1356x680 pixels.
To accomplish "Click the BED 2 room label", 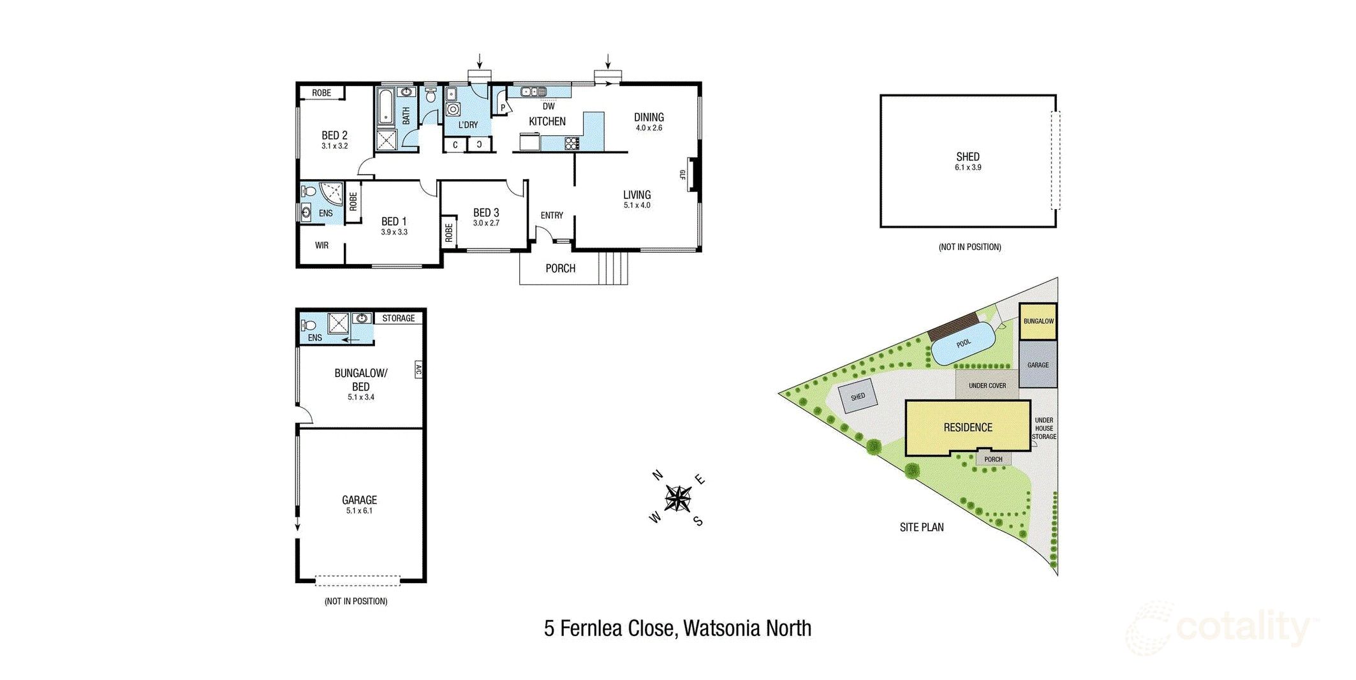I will point(334,135).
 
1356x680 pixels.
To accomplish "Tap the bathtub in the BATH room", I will point(385,107).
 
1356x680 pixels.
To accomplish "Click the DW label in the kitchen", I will point(549,107).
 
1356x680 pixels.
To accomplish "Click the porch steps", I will point(613,268).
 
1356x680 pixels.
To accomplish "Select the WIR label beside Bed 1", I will point(321,246).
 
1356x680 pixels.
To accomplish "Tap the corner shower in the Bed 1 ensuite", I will point(332,193).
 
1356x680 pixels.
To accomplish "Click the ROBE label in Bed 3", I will point(448,232).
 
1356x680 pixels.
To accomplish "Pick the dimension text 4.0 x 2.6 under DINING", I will point(649,128).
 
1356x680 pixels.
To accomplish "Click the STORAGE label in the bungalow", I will point(398,318).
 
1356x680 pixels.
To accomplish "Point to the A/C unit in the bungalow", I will point(418,369).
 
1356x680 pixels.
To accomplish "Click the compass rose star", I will point(677,498).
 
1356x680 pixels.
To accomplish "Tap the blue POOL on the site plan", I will point(962,343).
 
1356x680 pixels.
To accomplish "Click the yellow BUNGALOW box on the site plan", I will point(1038,321).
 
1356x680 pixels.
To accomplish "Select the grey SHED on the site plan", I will point(858,397).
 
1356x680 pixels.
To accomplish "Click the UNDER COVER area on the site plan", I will point(987,385).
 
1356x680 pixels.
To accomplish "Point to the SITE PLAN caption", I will point(922,528).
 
